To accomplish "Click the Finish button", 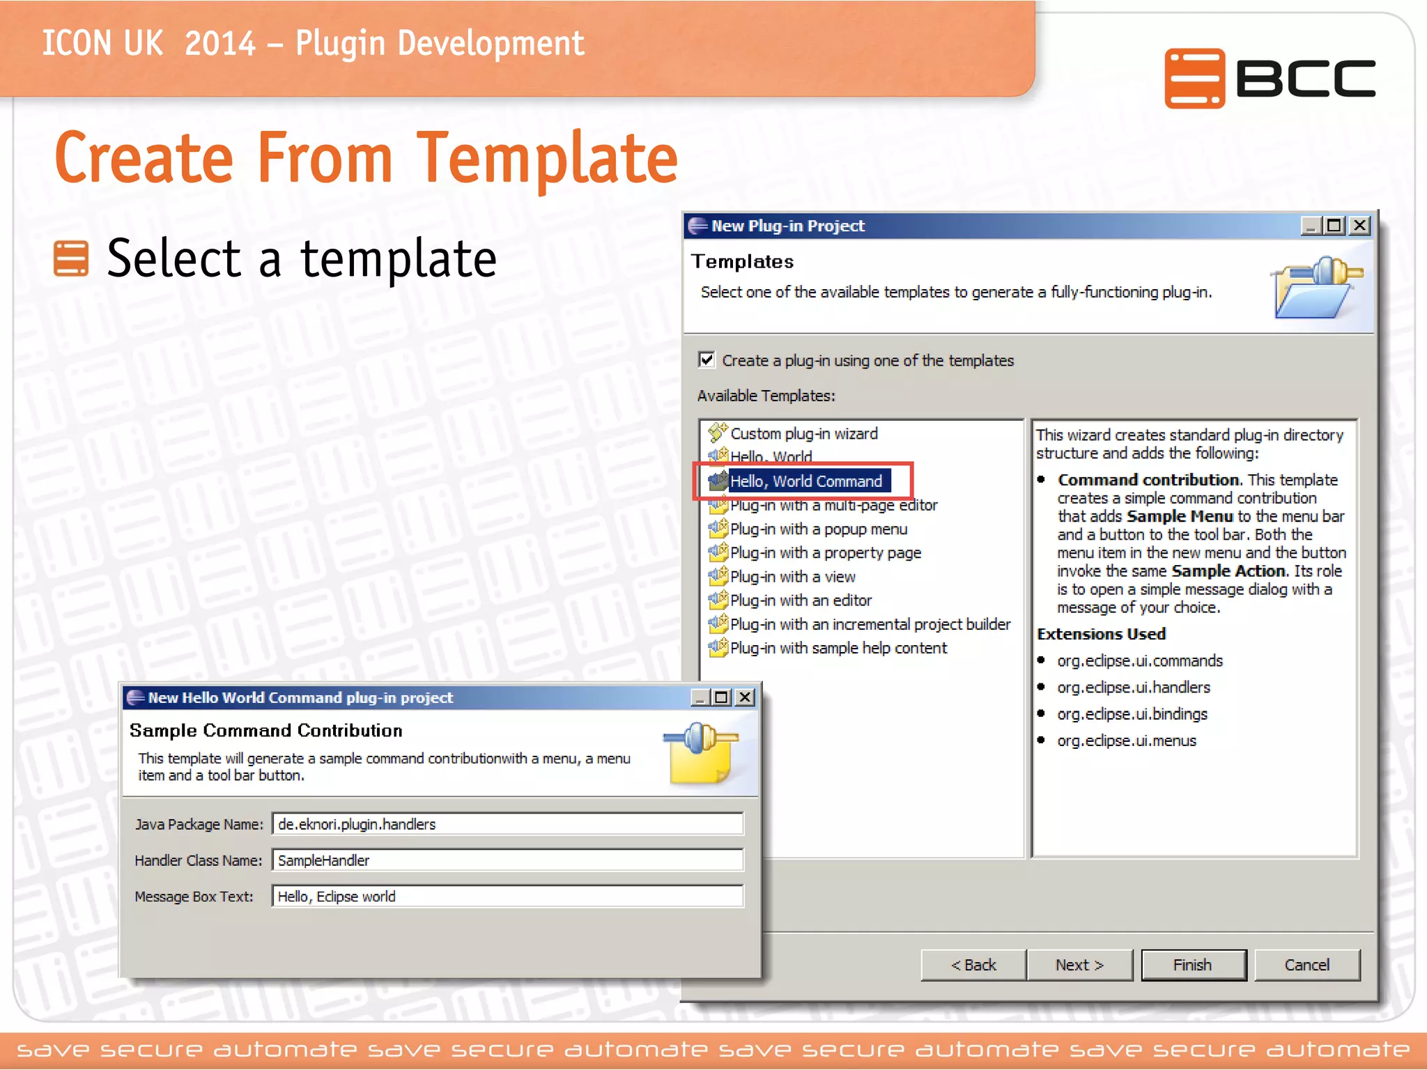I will [1193, 965].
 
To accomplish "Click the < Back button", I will [973, 965].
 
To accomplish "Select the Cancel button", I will [1307, 965].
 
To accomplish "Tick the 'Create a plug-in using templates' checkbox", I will [707, 359].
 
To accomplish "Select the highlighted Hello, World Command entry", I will [805, 481].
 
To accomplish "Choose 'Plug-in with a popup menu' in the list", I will [818, 529].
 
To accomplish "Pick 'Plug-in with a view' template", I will [792, 577].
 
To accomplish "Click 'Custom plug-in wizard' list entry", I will [803, 433].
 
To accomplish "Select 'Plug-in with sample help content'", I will [838, 648].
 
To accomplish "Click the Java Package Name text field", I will [507, 824].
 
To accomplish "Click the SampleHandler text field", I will [507, 860].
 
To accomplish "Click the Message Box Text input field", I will [507, 897].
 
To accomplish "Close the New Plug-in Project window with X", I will [1359, 226].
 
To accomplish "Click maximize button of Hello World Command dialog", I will [722, 697].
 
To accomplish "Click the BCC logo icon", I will [1194, 78].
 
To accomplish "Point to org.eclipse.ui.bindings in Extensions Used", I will [1132, 714].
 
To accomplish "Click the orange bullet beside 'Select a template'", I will [71, 258].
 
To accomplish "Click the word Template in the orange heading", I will [547, 159].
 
